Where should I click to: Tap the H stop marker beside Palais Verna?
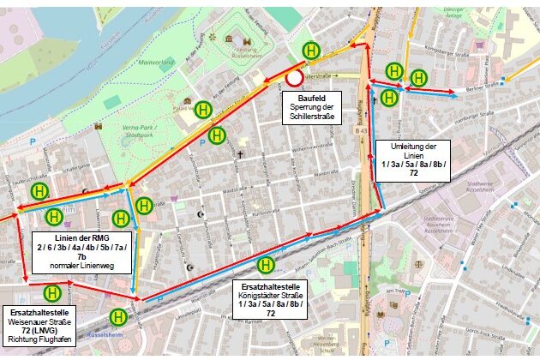(x=203, y=110)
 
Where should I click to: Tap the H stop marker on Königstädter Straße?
(x=266, y=265)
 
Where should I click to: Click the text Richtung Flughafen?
(x=41, y=341)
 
